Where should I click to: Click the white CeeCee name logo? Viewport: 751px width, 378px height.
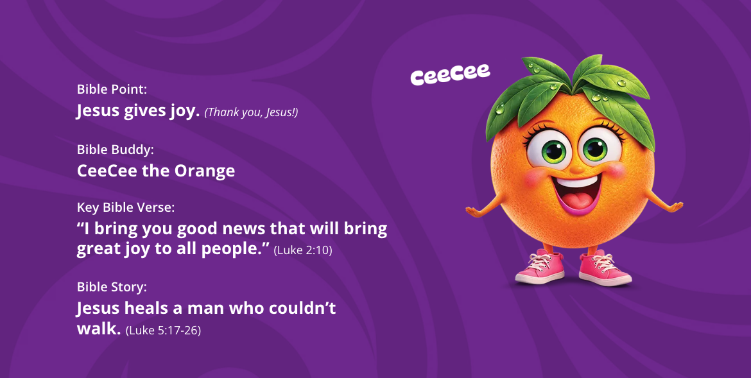pyautogui.click(x=450, y=74)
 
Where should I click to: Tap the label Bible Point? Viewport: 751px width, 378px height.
pyautogui.click(x=112, y=89)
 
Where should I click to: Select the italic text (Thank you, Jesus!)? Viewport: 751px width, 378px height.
pyautogui.click(x=251, y=112)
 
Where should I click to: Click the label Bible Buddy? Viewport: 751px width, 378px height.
pyautogui.click(x=116, y=150)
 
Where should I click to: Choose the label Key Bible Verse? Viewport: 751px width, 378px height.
pyautogui.click(x=126, y=207)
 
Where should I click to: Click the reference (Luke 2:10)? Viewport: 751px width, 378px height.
pyautogui.click(x=303, y=250)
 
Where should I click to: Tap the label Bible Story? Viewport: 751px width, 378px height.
pyautogui.click(x=112, y=287)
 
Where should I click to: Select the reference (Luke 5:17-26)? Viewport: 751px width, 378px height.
pyautogui.click(x=163, y=330)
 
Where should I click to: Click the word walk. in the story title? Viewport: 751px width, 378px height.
pyautogui.click(x=98, y=329)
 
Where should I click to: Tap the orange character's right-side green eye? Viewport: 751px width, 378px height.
pyautogui.click(x=595, y=148)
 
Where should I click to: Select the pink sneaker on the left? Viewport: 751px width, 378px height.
pyautogui.click(x=540, y=268)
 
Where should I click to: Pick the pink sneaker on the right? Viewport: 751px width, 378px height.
pyautogui.click(x=605, y=268)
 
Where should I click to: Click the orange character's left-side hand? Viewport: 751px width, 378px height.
pyautogui.click(x=474, y=210)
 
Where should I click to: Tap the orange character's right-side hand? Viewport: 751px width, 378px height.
pyautogui.click(x=675, y=207)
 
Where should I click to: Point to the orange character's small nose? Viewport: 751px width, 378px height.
pyautogui.click(x=576, y=169)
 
